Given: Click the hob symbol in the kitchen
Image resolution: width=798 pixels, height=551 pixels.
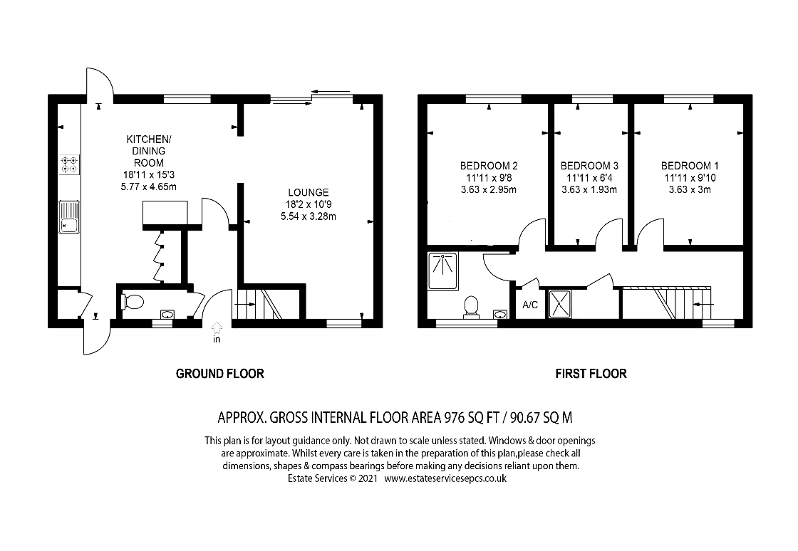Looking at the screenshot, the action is click(70, 164).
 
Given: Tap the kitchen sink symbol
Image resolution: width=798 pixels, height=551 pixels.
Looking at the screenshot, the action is click(70, 216).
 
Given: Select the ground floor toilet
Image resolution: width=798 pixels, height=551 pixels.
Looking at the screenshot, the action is click(133, 302).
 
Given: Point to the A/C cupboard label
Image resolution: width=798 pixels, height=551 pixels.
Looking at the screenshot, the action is click(530, 305).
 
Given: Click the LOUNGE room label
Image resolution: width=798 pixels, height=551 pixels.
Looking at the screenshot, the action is click(309, 193).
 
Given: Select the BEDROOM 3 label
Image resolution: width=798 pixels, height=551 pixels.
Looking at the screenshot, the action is click(589, 166).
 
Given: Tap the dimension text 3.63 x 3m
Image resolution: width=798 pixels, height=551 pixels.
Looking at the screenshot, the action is click(690, 189).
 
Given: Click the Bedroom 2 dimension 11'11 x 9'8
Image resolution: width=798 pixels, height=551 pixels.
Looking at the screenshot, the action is click(489, 178).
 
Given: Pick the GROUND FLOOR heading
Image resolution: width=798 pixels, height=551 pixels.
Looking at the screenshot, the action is click(220, 374).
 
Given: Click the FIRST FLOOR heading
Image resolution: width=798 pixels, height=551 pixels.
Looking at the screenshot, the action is click(591, 374).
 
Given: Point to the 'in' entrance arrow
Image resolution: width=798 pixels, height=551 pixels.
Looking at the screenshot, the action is click(217, 332).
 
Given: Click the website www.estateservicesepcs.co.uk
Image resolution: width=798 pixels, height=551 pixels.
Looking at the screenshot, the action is click(445, 478).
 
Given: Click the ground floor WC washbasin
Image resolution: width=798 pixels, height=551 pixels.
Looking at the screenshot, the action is click(167, 315).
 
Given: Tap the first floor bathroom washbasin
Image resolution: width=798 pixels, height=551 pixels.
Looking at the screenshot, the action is click(501, 315).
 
